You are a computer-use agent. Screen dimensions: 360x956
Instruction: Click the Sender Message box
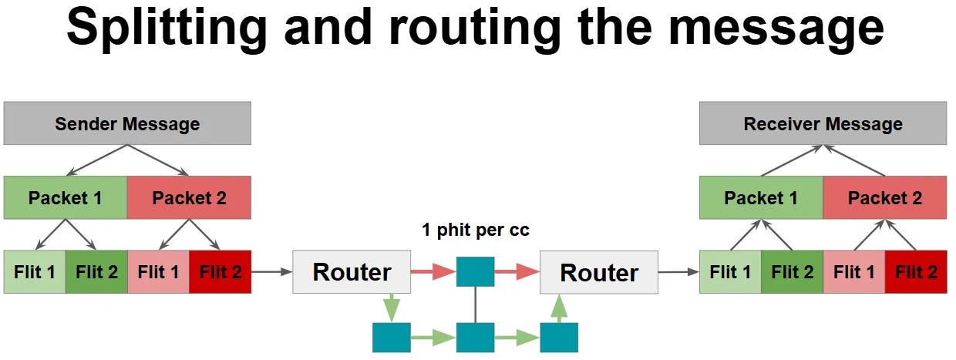[x=127, y=124]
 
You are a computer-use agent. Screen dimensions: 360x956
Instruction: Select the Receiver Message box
[x=823, y=124]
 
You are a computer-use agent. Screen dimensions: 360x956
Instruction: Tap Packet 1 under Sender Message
[x=66, y=198]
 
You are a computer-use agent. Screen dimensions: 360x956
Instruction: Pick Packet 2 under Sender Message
[x=189, y=198]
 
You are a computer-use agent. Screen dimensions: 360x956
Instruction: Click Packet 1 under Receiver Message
[x=761, y=198]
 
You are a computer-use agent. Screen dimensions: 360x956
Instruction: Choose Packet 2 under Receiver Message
[x=884, y=198]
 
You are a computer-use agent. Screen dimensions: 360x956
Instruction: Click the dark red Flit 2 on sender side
[x=220, y=271]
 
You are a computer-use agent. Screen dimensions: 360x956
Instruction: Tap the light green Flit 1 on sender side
[x=35, y=271]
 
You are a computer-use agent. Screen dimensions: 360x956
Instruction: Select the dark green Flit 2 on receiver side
[x=792, y=271]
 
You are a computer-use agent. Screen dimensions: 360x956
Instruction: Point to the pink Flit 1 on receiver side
[x=853, y=271]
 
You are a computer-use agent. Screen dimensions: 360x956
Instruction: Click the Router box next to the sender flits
[x=352, y=272]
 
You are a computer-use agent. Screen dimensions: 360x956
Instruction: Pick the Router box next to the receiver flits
[x=599, y=272]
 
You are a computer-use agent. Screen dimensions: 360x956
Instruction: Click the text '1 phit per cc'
[x=476, y=230]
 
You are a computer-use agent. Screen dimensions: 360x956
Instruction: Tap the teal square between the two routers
[x=475, y=271]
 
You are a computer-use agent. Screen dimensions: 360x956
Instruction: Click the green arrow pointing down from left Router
[x=391, y=307]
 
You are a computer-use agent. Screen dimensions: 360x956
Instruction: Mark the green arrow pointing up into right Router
[x=559, y=308]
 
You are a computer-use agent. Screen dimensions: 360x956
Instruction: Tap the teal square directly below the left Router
[x=391, y=338]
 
